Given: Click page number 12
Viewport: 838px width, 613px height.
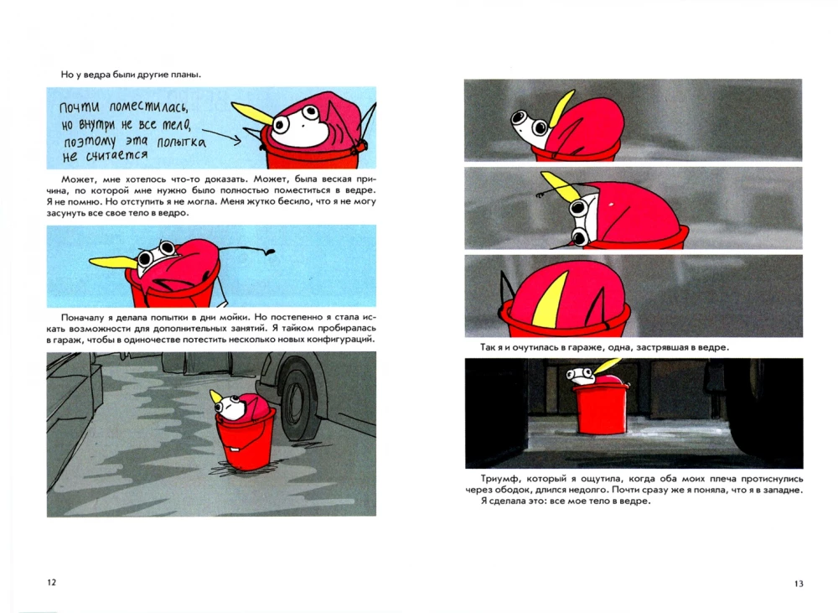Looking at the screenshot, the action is [x=52, y=583].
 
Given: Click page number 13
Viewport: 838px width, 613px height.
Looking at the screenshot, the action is [x=799, y=584].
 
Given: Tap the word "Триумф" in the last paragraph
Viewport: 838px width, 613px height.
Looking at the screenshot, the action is [x=496, y=480].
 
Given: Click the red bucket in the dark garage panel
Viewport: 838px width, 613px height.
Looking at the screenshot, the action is [x=601, y=408].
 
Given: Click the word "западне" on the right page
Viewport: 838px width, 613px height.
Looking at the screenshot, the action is [x=784, y=491].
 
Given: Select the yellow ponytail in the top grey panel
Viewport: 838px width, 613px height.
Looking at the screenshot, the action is [x=562, y=107].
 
